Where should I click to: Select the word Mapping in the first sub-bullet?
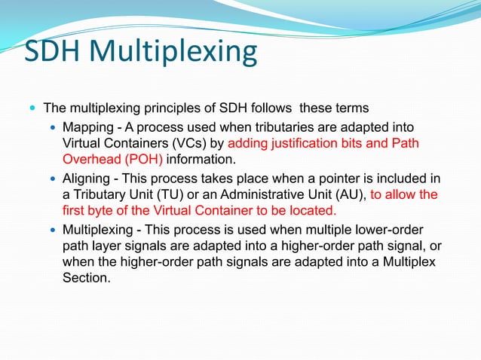pos(88,126)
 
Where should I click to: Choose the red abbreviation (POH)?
pos(141,159)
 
